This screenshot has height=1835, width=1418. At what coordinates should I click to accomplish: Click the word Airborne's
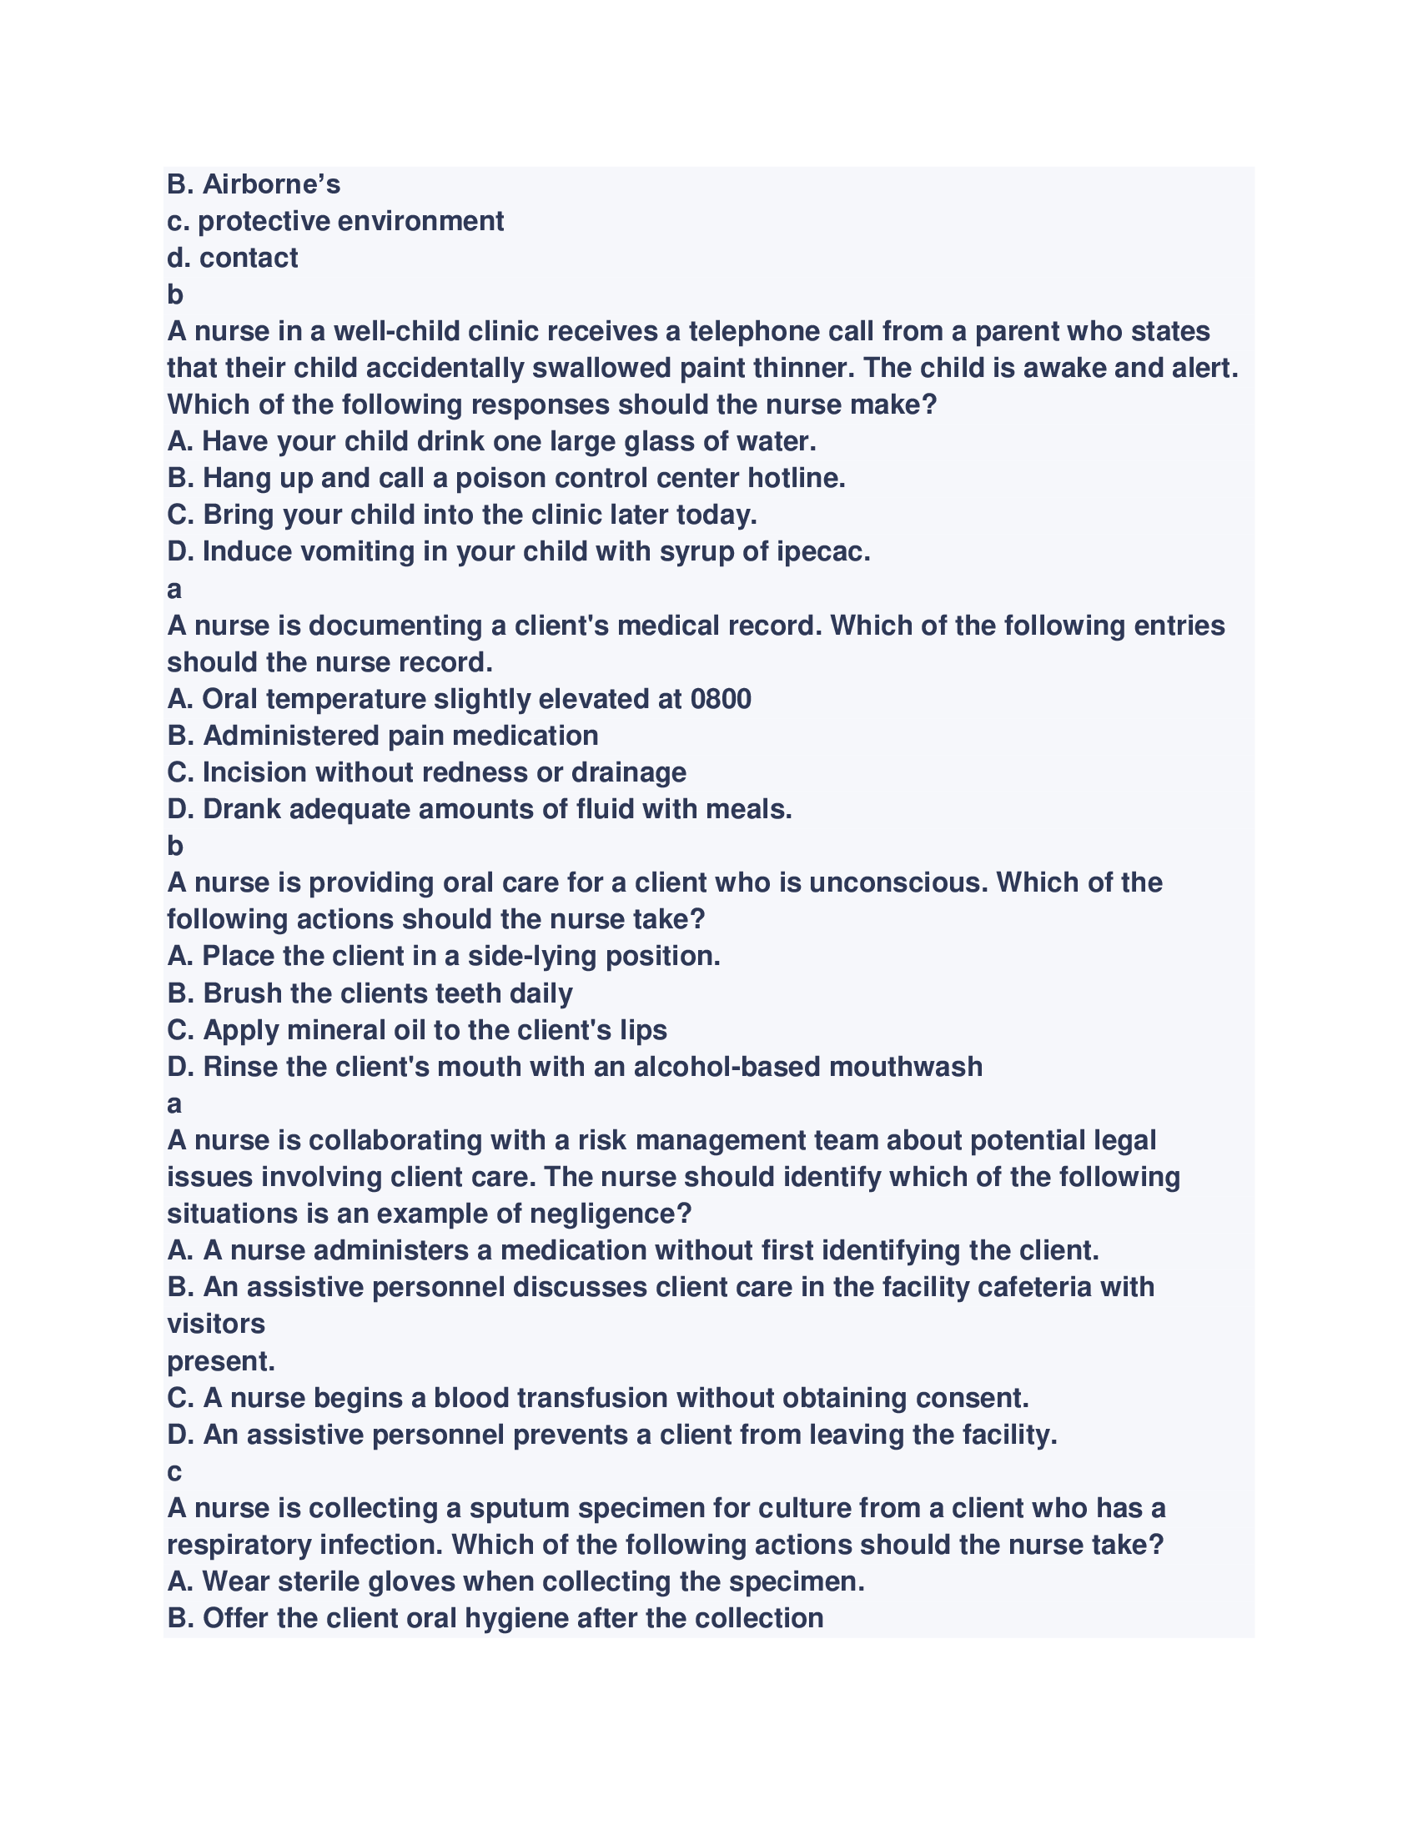pyautogui.click(x=270, y=184)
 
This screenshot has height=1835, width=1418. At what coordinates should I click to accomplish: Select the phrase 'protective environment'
pyautogui.click(x=350, y=221)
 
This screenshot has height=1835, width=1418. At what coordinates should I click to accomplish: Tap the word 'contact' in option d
pyautogui.click(x=248, y=258)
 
